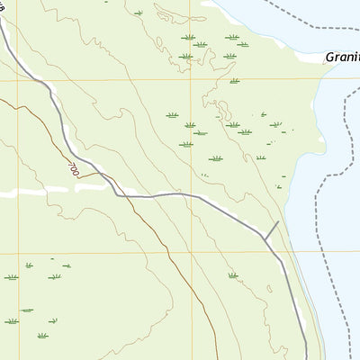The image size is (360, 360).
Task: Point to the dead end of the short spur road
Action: (x=280, y=221)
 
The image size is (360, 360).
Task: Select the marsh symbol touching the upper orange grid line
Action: (x=234, y=81)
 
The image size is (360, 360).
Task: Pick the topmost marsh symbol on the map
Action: (x=138, y=13)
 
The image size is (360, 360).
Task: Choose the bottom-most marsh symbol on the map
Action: (x=43, y=336)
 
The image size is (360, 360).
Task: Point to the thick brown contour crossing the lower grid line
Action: (x=172, y=252)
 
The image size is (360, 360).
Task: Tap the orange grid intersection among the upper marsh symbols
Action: (x=190, y=81)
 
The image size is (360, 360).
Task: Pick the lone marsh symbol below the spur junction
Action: (x=233, y=275)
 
